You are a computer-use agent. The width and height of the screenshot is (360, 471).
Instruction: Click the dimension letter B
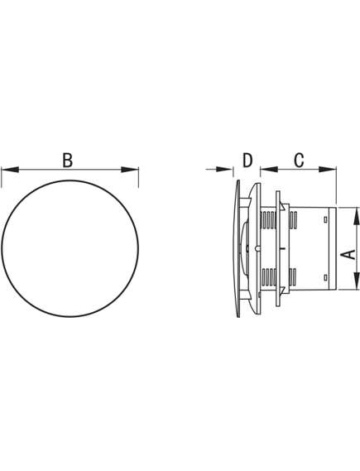(68, 160)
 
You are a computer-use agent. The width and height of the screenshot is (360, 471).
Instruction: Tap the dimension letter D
(247, 160)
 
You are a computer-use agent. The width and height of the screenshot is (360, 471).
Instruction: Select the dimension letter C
(299, 160)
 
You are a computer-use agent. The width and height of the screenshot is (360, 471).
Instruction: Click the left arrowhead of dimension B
(10, 170)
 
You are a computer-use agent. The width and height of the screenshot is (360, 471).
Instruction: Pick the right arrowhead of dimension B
(130, 170)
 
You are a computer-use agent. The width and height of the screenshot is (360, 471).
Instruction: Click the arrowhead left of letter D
(224, 170)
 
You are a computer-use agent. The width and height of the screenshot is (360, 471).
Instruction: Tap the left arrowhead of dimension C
(269, 170)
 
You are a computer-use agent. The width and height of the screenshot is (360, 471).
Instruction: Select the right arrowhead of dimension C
(328, 170)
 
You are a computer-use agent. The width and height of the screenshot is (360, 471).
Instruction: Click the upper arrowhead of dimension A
(357, 216)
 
